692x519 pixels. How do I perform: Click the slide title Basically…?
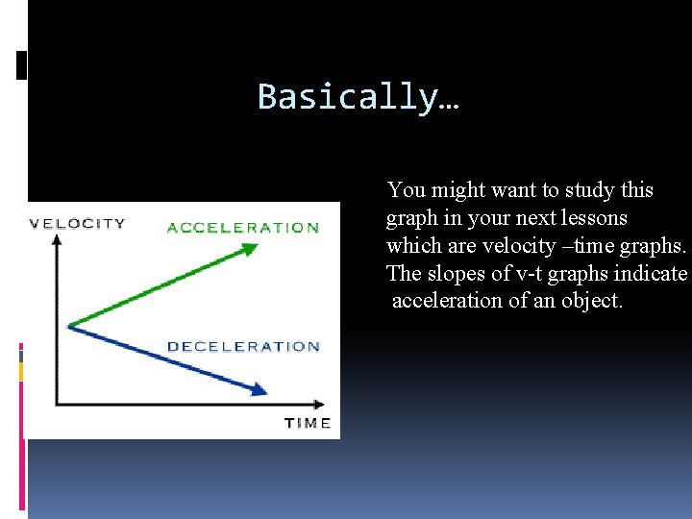(358, 97)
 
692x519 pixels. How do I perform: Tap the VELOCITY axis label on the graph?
(78, 224)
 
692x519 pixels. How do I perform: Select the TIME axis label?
(308, 423)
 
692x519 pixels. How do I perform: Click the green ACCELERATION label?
(243, 228)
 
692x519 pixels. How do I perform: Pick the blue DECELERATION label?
(243, 347)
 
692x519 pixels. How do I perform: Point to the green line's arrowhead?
(251, 248)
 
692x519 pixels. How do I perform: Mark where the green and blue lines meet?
(69, 326)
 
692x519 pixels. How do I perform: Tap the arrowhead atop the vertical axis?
(57, 240)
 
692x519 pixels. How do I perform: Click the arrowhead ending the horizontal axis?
(321, 403)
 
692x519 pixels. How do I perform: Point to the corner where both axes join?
(57, 403)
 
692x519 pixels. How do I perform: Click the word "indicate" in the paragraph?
(654, 274)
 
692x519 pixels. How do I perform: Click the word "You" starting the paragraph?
(404, 190)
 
